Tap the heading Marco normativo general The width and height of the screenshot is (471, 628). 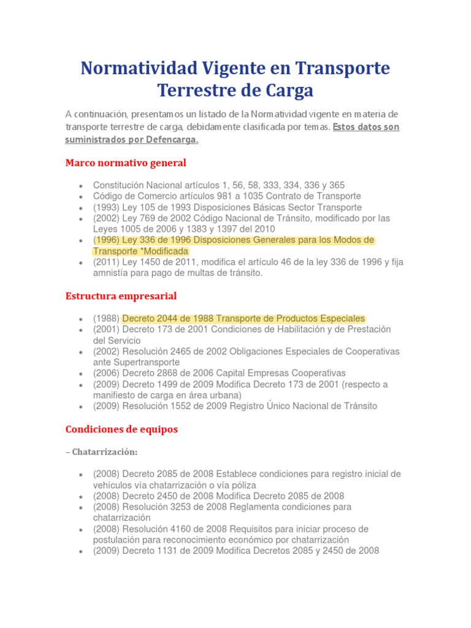tap(126, 163)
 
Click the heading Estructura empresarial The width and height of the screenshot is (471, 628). tap(121, 296)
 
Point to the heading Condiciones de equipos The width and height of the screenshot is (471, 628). tap(121, 429)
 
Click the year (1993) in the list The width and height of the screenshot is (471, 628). tap(105, 207)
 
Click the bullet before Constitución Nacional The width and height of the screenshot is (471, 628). tap(81, 186)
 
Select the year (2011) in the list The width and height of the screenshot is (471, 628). tap(105, 262)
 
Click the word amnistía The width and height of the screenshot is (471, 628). tap(111, 274)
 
